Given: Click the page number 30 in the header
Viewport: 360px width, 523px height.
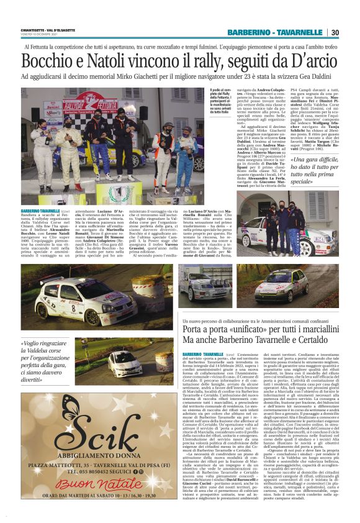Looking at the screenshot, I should coord(335,32).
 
